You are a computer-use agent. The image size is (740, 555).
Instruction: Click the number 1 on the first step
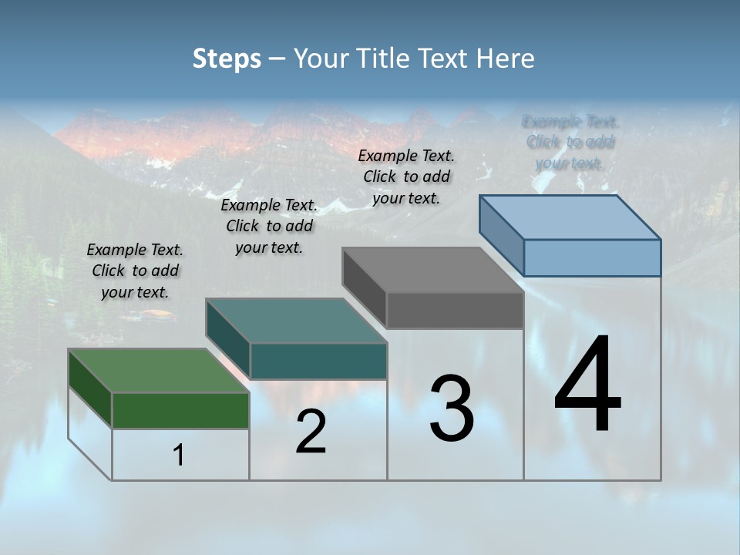[179, 456]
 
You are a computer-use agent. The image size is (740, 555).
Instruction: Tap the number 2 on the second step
[311, 432]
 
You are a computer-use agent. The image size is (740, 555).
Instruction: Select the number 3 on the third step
[452, 409]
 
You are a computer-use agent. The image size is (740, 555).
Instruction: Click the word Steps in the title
[227, 59]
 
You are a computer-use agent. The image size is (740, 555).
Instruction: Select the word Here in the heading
[507, 59]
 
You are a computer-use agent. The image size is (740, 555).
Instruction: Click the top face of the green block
[158, 371]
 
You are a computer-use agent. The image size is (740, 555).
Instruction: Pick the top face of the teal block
[295, 321]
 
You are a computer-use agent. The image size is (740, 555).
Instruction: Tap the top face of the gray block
[432, 270]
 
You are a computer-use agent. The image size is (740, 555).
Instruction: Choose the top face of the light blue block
[570, 217]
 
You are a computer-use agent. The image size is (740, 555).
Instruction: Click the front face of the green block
[180, 410]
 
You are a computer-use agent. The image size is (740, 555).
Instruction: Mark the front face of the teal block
[318, 361]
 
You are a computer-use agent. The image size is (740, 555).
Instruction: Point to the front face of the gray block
[455, 311]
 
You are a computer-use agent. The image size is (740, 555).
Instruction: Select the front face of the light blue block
[592, 257]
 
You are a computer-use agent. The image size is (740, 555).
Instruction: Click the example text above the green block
[135, 271]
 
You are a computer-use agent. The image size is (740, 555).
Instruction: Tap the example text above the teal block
[269, 226]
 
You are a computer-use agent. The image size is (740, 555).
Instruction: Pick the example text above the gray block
[406, 177]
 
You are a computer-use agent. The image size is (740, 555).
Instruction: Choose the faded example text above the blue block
[570, 142]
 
